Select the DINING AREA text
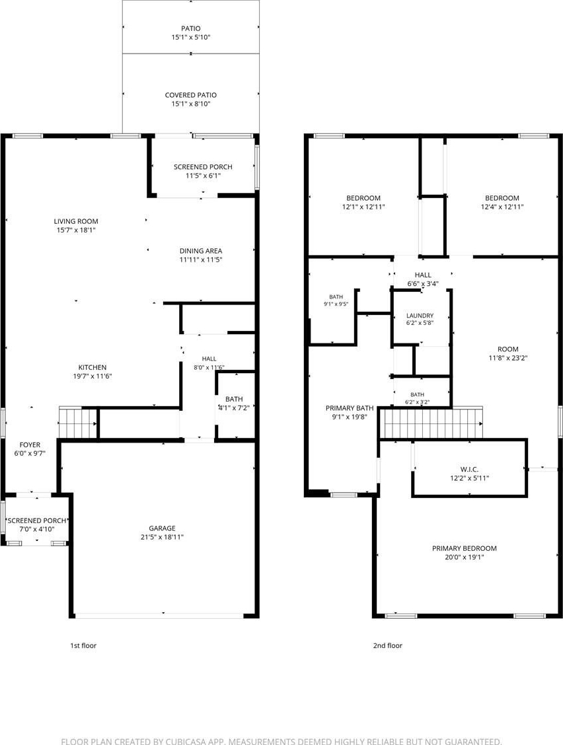click(201, 251)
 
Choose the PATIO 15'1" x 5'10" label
click(191, 33)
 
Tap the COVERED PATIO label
click(191, 95)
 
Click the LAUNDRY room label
click(420, 316)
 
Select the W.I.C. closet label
click(469, 470)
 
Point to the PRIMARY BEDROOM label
click(465, 548)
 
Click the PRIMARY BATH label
click(350, 408)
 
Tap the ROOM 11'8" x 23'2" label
click(508, 353)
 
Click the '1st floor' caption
click(83, 645)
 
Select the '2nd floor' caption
click(387, 645)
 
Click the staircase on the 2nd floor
click(433, 423)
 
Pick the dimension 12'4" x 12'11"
click(502, 207)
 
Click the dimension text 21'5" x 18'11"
click(162, 537)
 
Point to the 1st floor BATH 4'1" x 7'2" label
click(234, 404)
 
